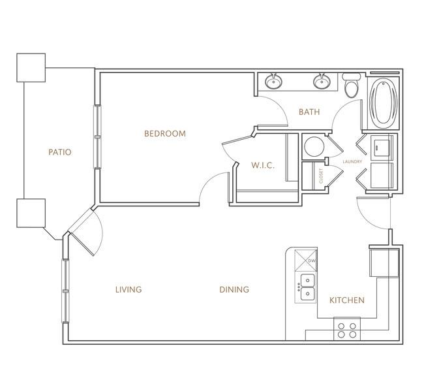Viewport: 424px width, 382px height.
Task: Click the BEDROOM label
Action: click(x=165, y=133)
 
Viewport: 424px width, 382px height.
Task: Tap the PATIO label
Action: click(x=60, y=152)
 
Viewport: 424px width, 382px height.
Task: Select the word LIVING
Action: click(x=129, y=289)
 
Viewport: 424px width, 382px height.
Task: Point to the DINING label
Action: click(x=234, y=289)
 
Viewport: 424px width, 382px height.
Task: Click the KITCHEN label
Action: click(x=347, y=300)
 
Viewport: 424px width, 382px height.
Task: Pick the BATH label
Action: click(x=309, y=112)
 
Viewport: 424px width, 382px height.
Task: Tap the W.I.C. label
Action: click(x=263, y=165)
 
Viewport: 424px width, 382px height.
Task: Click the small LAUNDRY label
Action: click(x=352, y=162)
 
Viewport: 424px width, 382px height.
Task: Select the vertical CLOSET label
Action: click(x=321, y=176)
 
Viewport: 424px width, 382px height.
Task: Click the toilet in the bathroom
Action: click(x=351, y=85)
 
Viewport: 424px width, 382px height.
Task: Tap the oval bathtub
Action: click(x=384, y=101)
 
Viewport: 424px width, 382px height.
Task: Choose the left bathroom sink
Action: click(x=274, y=81)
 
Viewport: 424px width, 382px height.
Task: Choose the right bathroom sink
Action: click(x=322, y=81)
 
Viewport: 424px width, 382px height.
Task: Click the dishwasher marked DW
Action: click(x=305, y=261)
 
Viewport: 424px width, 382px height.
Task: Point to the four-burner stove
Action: click(x=347, y=330)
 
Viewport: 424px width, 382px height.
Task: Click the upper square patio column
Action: click(x=31, y=68)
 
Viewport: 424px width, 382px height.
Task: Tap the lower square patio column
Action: click(x=31, y=213)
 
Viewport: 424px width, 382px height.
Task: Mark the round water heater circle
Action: click(x=314, y=146)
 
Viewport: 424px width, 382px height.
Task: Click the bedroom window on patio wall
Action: click(x=97, y=136)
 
